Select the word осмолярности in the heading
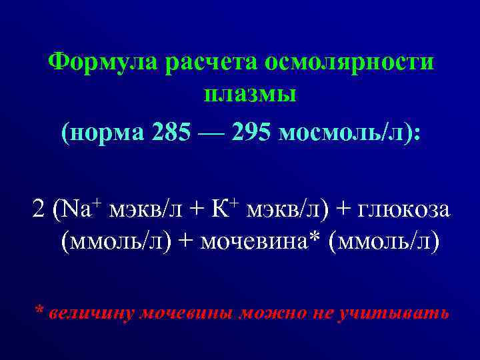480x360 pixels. point(350,63)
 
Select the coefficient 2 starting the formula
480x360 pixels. point(39,211)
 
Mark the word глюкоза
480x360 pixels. point(405,211)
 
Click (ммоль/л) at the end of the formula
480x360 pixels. point(389,242)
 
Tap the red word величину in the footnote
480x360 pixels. point(90,312)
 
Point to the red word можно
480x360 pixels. point(270,312)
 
